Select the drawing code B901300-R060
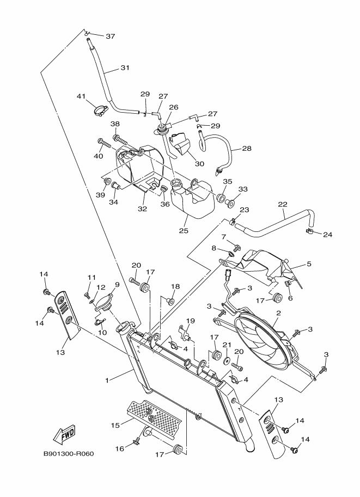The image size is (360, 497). [x=69, y=454]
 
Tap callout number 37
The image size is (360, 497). [x=111, y=36]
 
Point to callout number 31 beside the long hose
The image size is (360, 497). [x=125, y=68]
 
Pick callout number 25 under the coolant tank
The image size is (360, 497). [x=184, y=230]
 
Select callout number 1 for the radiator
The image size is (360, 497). [x=107, y=381]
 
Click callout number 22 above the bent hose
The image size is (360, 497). [x=283, y=205]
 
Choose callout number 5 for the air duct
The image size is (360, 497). [x=309, y=264]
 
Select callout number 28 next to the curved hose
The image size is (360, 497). [x=247, y=149]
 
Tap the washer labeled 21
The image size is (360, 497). [x=227, y=361]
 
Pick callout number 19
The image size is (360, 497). [x=190, y=321]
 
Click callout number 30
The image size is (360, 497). [x=199, y=164]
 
